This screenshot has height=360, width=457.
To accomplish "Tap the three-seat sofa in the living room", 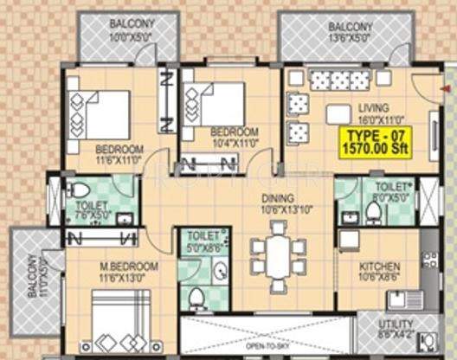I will click(x=340, y=80).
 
